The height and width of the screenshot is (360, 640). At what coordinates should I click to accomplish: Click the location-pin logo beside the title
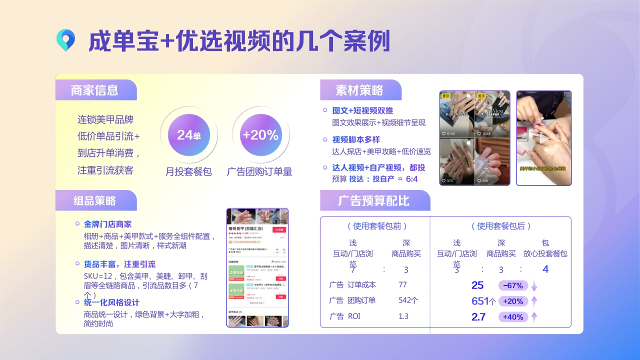coord(65,40)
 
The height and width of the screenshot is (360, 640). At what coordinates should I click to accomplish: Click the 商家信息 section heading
coord(94,90)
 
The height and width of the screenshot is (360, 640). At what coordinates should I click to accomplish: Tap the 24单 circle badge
coord(188,134)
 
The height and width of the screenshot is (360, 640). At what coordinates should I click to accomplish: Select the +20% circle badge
coord(260,134)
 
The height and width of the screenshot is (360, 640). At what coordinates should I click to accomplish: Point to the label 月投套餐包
coord(188,171)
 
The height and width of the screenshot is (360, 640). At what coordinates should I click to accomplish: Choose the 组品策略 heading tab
coord(94,200)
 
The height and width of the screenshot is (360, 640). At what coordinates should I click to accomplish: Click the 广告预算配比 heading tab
coord(373,200)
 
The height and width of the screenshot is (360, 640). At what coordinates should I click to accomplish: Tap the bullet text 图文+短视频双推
coord(362,111)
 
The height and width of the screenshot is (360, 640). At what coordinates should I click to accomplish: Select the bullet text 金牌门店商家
coord(107,224)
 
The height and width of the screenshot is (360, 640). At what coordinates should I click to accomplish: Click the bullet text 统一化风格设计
coord(111,302)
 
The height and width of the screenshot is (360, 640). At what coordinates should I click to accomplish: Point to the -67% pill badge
coord(513,285)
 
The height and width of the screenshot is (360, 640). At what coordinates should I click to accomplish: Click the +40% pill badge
coord(513,316)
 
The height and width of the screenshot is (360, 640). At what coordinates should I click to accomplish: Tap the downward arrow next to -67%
coord(534,286)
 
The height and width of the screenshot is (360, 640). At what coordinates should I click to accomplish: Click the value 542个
coord(408,300)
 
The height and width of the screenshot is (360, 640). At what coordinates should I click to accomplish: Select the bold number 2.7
coord(478,316)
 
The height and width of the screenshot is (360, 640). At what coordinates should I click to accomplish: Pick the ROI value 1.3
coord(403,316)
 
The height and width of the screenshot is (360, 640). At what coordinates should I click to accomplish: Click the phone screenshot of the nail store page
coord(257,267)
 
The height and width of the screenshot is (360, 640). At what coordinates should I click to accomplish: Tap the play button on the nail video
coord(543,138)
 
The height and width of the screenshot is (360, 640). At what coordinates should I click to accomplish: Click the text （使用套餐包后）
coord(500,226)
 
